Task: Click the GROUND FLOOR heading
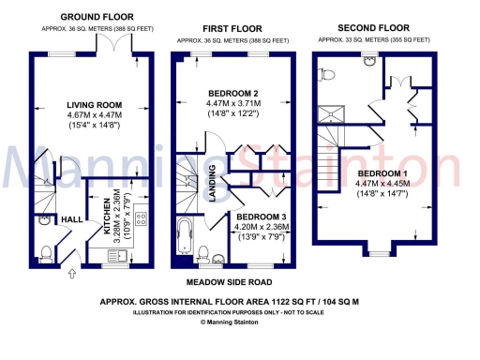click(96, 17)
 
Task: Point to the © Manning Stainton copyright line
click(239, 322)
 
